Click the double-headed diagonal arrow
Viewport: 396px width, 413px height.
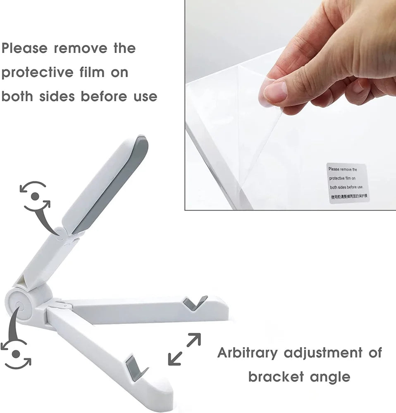pos(184,349)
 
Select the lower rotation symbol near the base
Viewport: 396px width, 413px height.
pos(16,354)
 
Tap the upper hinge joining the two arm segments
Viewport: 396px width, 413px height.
pos(66,235)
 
